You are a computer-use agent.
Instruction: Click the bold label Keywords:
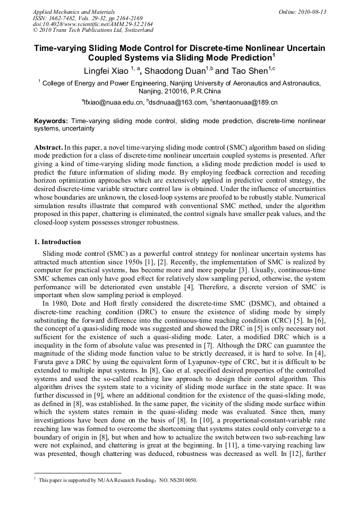(x=51, y=121)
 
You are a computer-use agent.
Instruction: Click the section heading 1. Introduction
(x=57, y=242)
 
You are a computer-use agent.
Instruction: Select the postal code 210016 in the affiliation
(x=178, y=91)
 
